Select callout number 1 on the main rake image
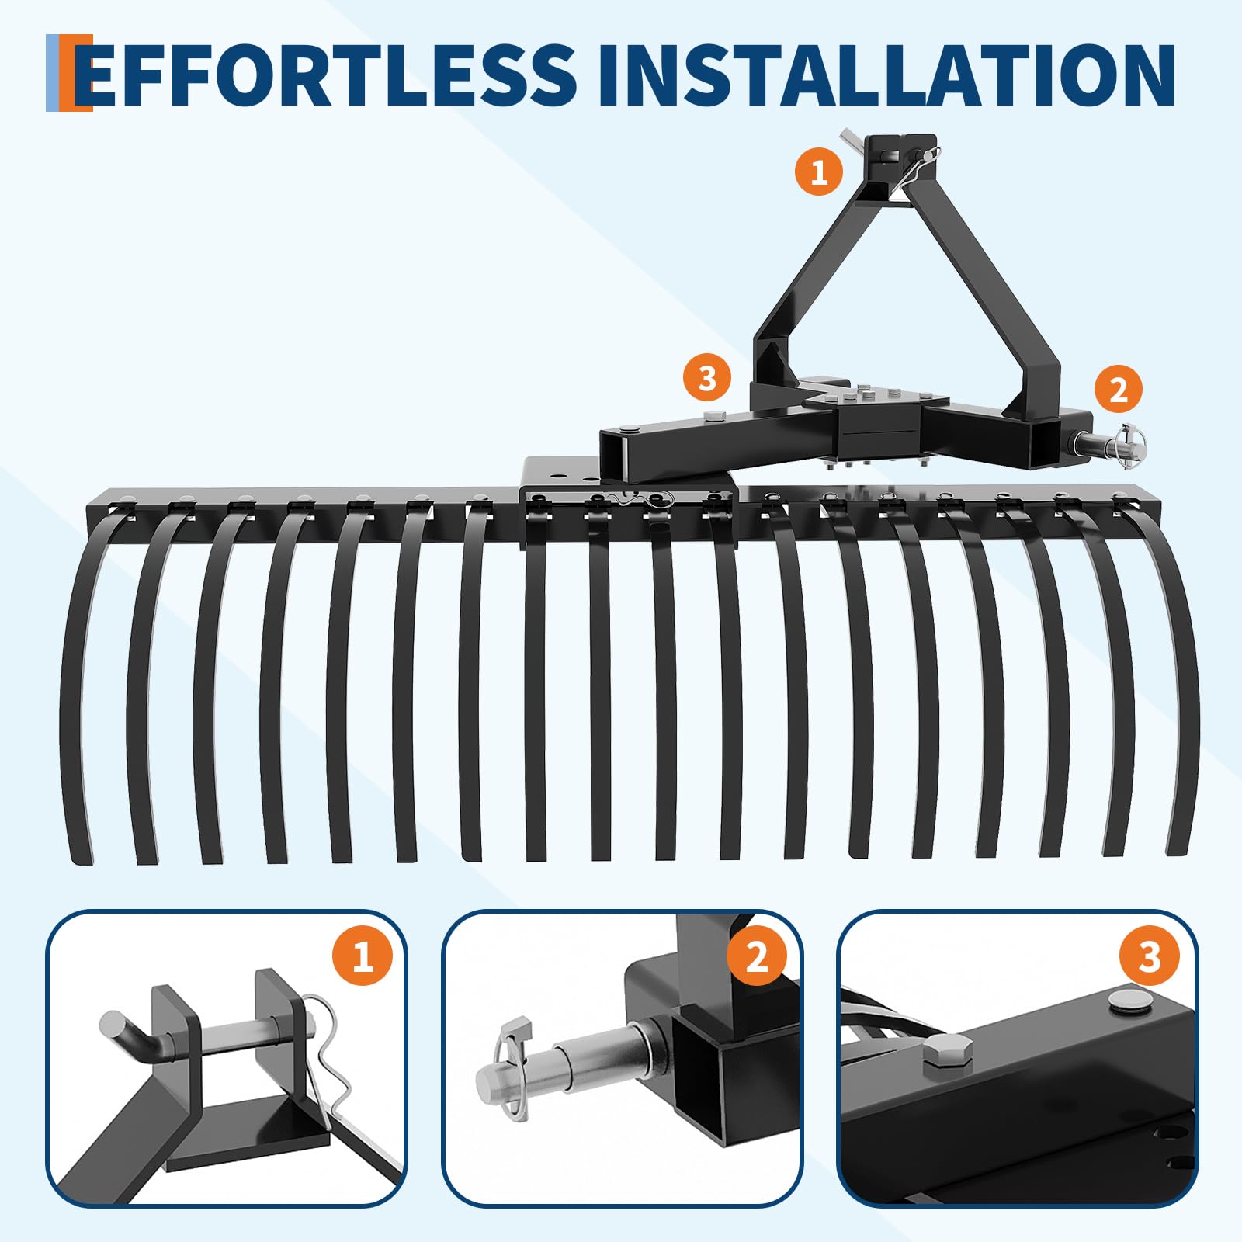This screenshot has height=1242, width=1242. coord(819,171)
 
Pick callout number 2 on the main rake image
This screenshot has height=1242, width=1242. coord(1119,390)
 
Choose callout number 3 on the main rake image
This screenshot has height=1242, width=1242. coord(707,379)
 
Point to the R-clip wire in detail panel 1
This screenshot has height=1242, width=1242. coord(326,1063)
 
